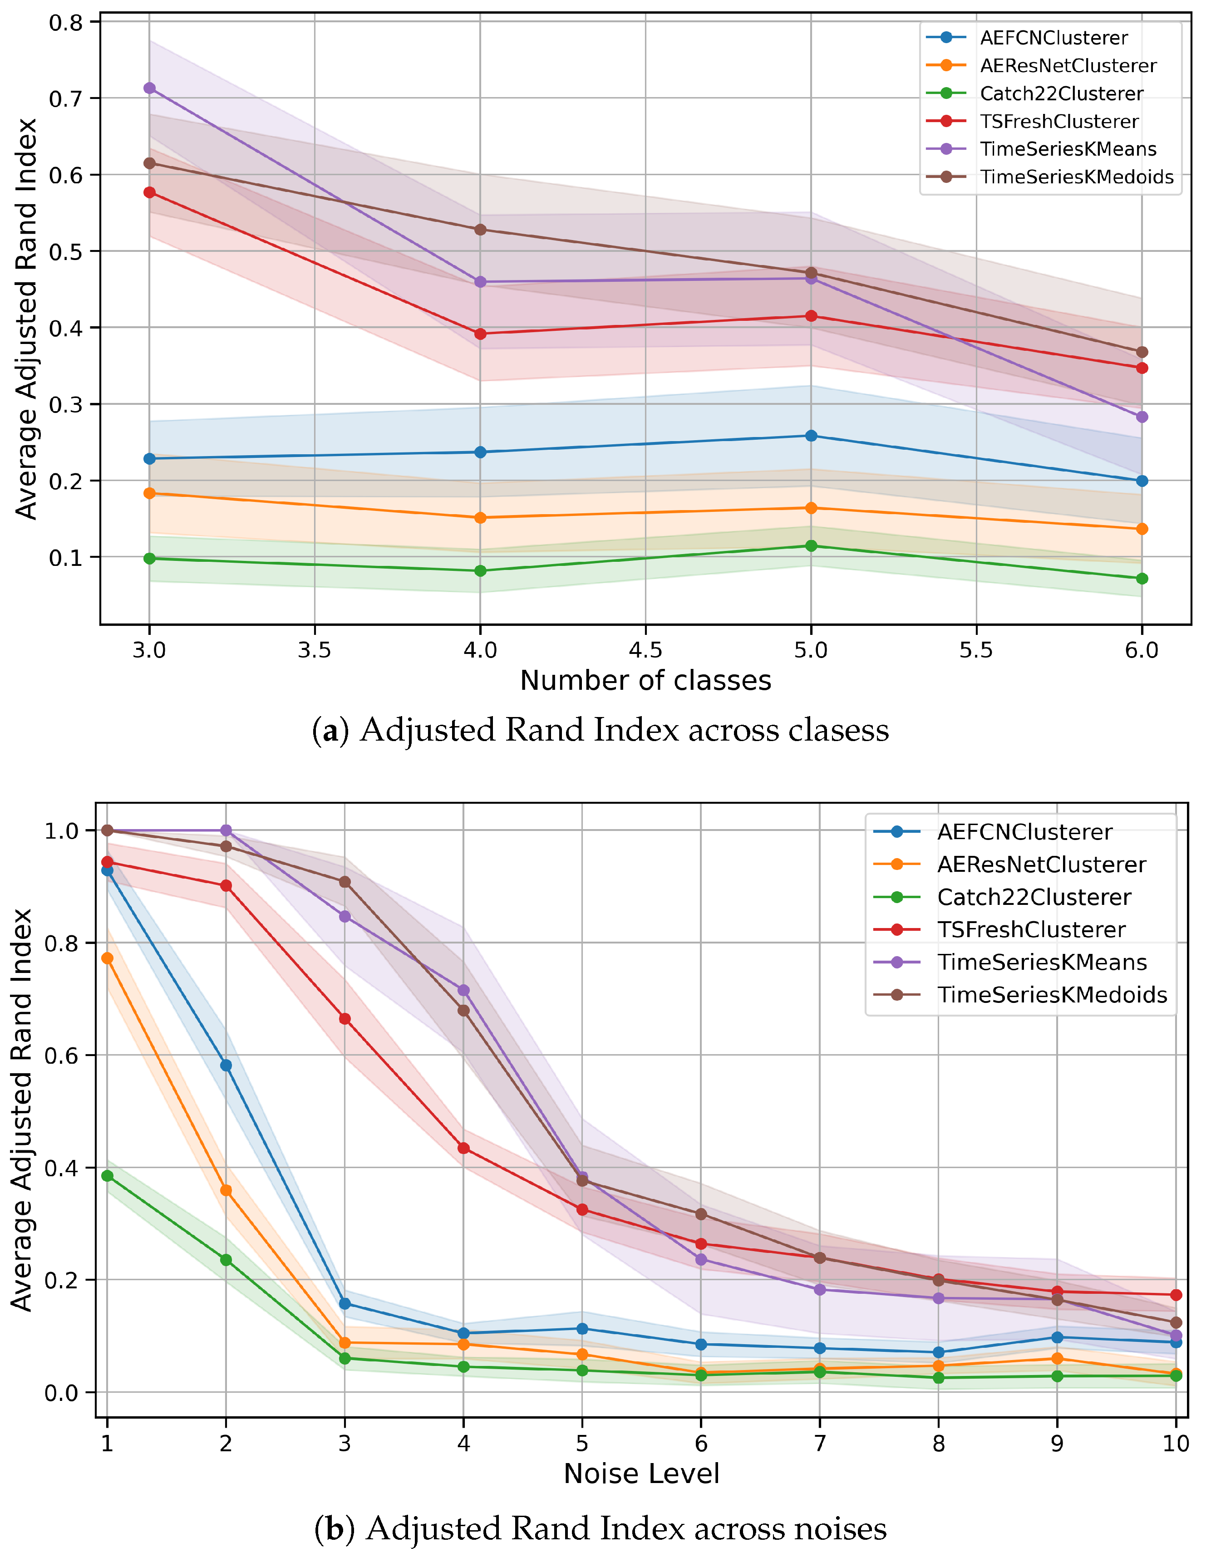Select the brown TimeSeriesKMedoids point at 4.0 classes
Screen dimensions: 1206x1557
point(480,230)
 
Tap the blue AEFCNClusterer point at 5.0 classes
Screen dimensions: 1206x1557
point(811,436)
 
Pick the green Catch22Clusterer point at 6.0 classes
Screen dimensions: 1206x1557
point(1142,578)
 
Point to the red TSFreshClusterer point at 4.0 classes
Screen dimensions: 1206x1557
point(480,334)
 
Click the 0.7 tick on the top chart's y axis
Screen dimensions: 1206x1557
point(66,98)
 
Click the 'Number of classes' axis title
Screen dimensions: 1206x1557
point(645,681)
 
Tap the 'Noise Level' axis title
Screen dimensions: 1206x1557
point(641,1474)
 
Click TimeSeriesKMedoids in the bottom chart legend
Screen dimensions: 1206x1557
point(1052,995)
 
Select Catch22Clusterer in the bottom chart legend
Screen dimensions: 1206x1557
point(1034,897)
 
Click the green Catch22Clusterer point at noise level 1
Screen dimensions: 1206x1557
point(107,1176)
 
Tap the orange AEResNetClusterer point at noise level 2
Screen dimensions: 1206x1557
point(226,1190)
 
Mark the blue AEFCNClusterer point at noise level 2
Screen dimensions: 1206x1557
point(226,1065)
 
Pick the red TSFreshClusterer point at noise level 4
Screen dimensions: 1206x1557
point(463,1148)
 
